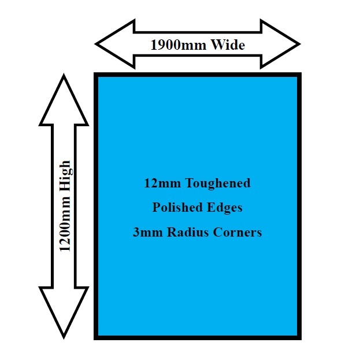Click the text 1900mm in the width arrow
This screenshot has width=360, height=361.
(x=175, y=45)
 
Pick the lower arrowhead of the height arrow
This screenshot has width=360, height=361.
(x=64, y=312)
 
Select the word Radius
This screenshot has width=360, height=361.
(x=186, y=233)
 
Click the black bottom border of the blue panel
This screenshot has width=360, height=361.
(x=197, y=336)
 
